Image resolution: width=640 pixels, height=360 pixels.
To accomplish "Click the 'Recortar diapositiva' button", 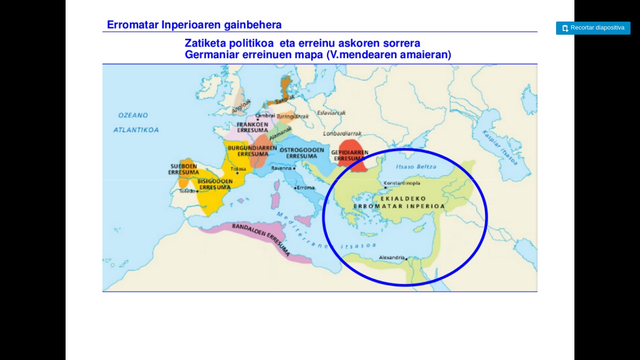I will pyautogui.click(x=592, y=28).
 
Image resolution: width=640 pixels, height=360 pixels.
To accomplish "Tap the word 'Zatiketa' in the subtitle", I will pyautogui.click(x=205, y=44).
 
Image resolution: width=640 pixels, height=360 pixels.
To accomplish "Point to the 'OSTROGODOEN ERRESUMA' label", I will pyautogui.click(x=298, y=154).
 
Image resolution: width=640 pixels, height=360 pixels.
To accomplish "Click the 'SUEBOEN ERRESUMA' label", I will pyautogui.click(x=183, y=169).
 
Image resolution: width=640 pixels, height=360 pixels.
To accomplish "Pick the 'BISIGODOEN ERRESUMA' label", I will pyautogui.click(x=216, y=184).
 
